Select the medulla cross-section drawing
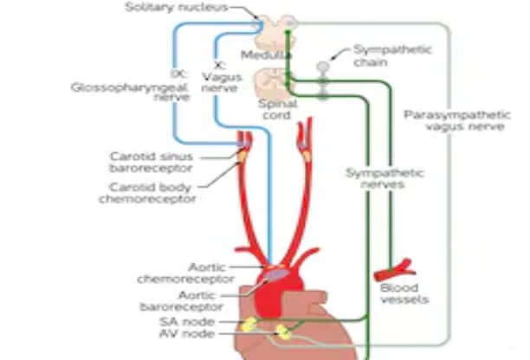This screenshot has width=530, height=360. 278,31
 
